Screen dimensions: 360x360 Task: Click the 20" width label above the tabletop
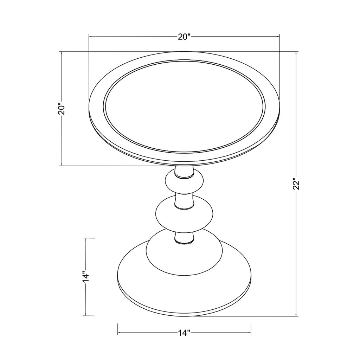pyautogui.click(x=184, y=37)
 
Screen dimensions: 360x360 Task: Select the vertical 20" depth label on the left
pyautogui.click(x=62, y=109)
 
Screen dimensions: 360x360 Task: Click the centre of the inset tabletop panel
pyautogui.click(x=184, y=106)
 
